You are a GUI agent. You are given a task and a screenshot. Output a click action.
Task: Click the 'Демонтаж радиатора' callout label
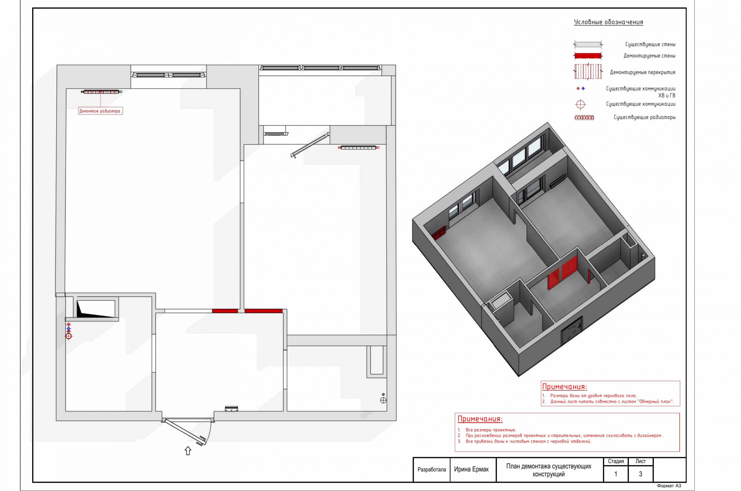coord(100,111)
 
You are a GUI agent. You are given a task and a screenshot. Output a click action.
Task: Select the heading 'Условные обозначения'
coord(608,22)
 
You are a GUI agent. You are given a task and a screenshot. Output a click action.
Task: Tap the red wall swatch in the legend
coord(588,56)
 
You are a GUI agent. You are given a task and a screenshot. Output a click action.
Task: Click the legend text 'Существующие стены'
coord(650,45)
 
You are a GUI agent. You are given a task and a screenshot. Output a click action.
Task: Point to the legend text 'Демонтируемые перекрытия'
coord(643,72)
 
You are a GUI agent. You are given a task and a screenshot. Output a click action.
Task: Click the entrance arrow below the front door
coord(188,451)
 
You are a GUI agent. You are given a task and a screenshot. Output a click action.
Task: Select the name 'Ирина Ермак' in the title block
coord(471,469)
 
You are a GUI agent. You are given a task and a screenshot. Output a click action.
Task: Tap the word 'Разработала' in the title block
coord(432,470)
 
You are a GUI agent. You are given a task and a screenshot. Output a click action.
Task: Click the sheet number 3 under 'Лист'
coord(640,474)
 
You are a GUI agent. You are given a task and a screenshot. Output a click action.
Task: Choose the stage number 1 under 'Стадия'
coord(616,474)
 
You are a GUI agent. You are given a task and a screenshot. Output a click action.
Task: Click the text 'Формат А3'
coord(669,486)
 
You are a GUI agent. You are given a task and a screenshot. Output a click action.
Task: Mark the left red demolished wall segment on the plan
coord(225,311)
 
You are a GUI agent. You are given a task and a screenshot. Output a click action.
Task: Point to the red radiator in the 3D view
coord(439,233)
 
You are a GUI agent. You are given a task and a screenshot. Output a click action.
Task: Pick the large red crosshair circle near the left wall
coord(68,336)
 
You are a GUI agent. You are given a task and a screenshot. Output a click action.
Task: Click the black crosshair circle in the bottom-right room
coord(383,400)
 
